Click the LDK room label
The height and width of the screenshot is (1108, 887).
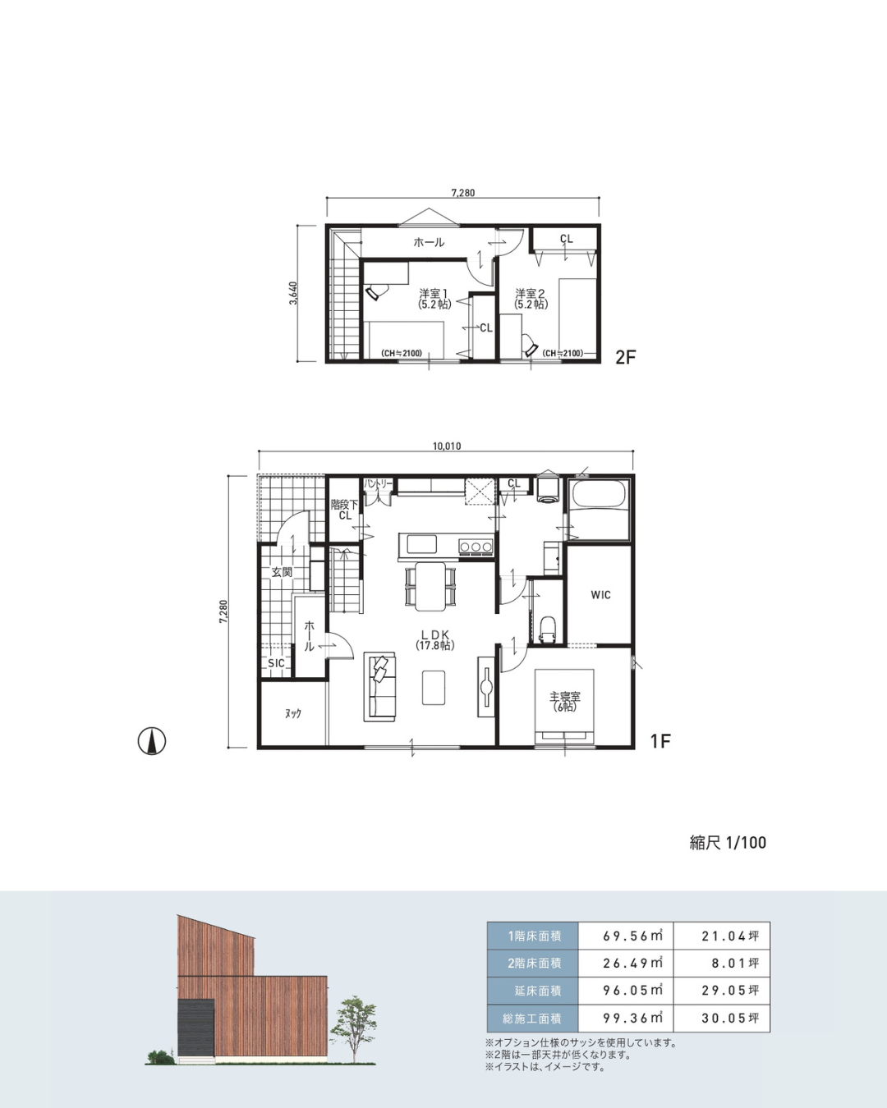pos(435,639)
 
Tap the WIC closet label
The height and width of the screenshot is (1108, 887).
pos(600,595)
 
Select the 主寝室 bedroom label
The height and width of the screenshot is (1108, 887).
pos(565,701)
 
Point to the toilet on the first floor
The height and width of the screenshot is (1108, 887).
pos(547,630)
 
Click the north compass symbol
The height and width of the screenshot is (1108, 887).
pos(152,741)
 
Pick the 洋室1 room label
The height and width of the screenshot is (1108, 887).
pos(434,299)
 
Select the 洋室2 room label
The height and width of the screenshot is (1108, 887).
pos(531,299)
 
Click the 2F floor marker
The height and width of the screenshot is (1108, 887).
pos(626,357)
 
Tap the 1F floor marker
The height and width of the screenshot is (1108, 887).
pos(660,741)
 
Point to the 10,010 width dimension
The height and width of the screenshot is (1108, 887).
pos(446,446)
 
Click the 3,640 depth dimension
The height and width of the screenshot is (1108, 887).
pos(293,293)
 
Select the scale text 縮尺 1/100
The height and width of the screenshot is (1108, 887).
pos(728,842)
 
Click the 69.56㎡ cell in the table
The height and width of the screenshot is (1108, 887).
pos(632,936)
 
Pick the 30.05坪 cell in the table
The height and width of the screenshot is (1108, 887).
pos(730,1018)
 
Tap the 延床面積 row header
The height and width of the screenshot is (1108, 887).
pos(533,990)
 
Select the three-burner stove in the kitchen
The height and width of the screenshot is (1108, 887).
pos(476,547)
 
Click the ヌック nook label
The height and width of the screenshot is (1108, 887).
pos(292,713)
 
